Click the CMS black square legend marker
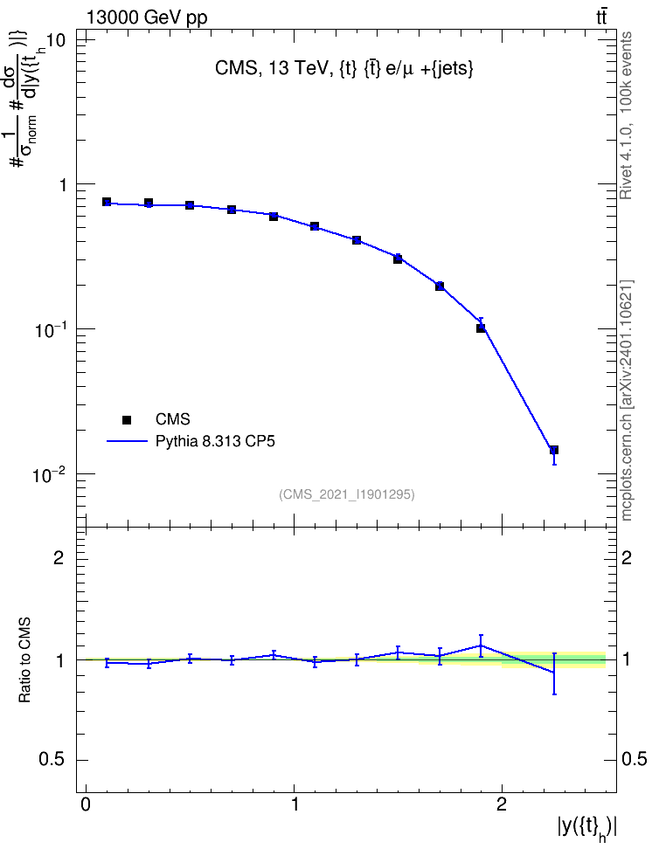pos(127,419)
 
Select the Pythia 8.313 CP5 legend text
pos(215,442)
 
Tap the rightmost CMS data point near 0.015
pos(554,450)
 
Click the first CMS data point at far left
pos(107,202)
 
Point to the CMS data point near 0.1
pos(481,328)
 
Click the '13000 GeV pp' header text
pos(147,17)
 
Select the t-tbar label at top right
pos(601,17)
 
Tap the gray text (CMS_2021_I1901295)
pos(347,494)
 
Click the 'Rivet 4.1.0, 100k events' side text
pos(626,115)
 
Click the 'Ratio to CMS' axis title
pos(24,659)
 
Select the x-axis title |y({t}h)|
pos(587,828)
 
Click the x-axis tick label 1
pos(295,804)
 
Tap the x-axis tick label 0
pos(87,804)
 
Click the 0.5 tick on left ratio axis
pos(52,760)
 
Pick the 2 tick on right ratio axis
pos(627,557)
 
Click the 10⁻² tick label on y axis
pos(49,475)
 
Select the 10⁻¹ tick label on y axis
pos(49,330)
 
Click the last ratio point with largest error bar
pos(554,673)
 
